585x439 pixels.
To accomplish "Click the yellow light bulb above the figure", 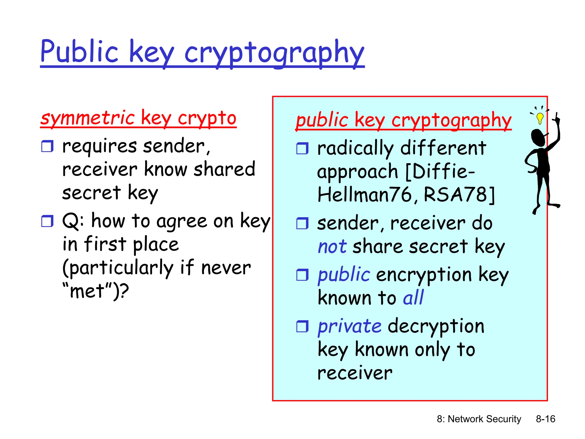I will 540,117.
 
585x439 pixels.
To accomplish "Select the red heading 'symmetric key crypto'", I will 138,118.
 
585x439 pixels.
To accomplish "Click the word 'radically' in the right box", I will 355,149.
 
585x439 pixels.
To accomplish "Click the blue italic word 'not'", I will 332,247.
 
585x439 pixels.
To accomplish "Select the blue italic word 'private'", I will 350,326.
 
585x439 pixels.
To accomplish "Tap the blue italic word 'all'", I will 413,298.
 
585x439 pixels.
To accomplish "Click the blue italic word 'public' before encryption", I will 344,275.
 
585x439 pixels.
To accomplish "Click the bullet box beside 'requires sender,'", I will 47,146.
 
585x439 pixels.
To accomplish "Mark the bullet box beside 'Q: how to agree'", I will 47,221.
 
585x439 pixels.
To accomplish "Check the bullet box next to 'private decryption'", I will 302,326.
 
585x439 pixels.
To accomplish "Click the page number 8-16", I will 545,419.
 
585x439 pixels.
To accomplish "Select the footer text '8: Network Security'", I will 479,419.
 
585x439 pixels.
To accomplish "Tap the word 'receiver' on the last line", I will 355,373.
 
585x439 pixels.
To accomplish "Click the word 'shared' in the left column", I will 224,169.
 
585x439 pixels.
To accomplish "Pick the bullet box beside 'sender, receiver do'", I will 302,224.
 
